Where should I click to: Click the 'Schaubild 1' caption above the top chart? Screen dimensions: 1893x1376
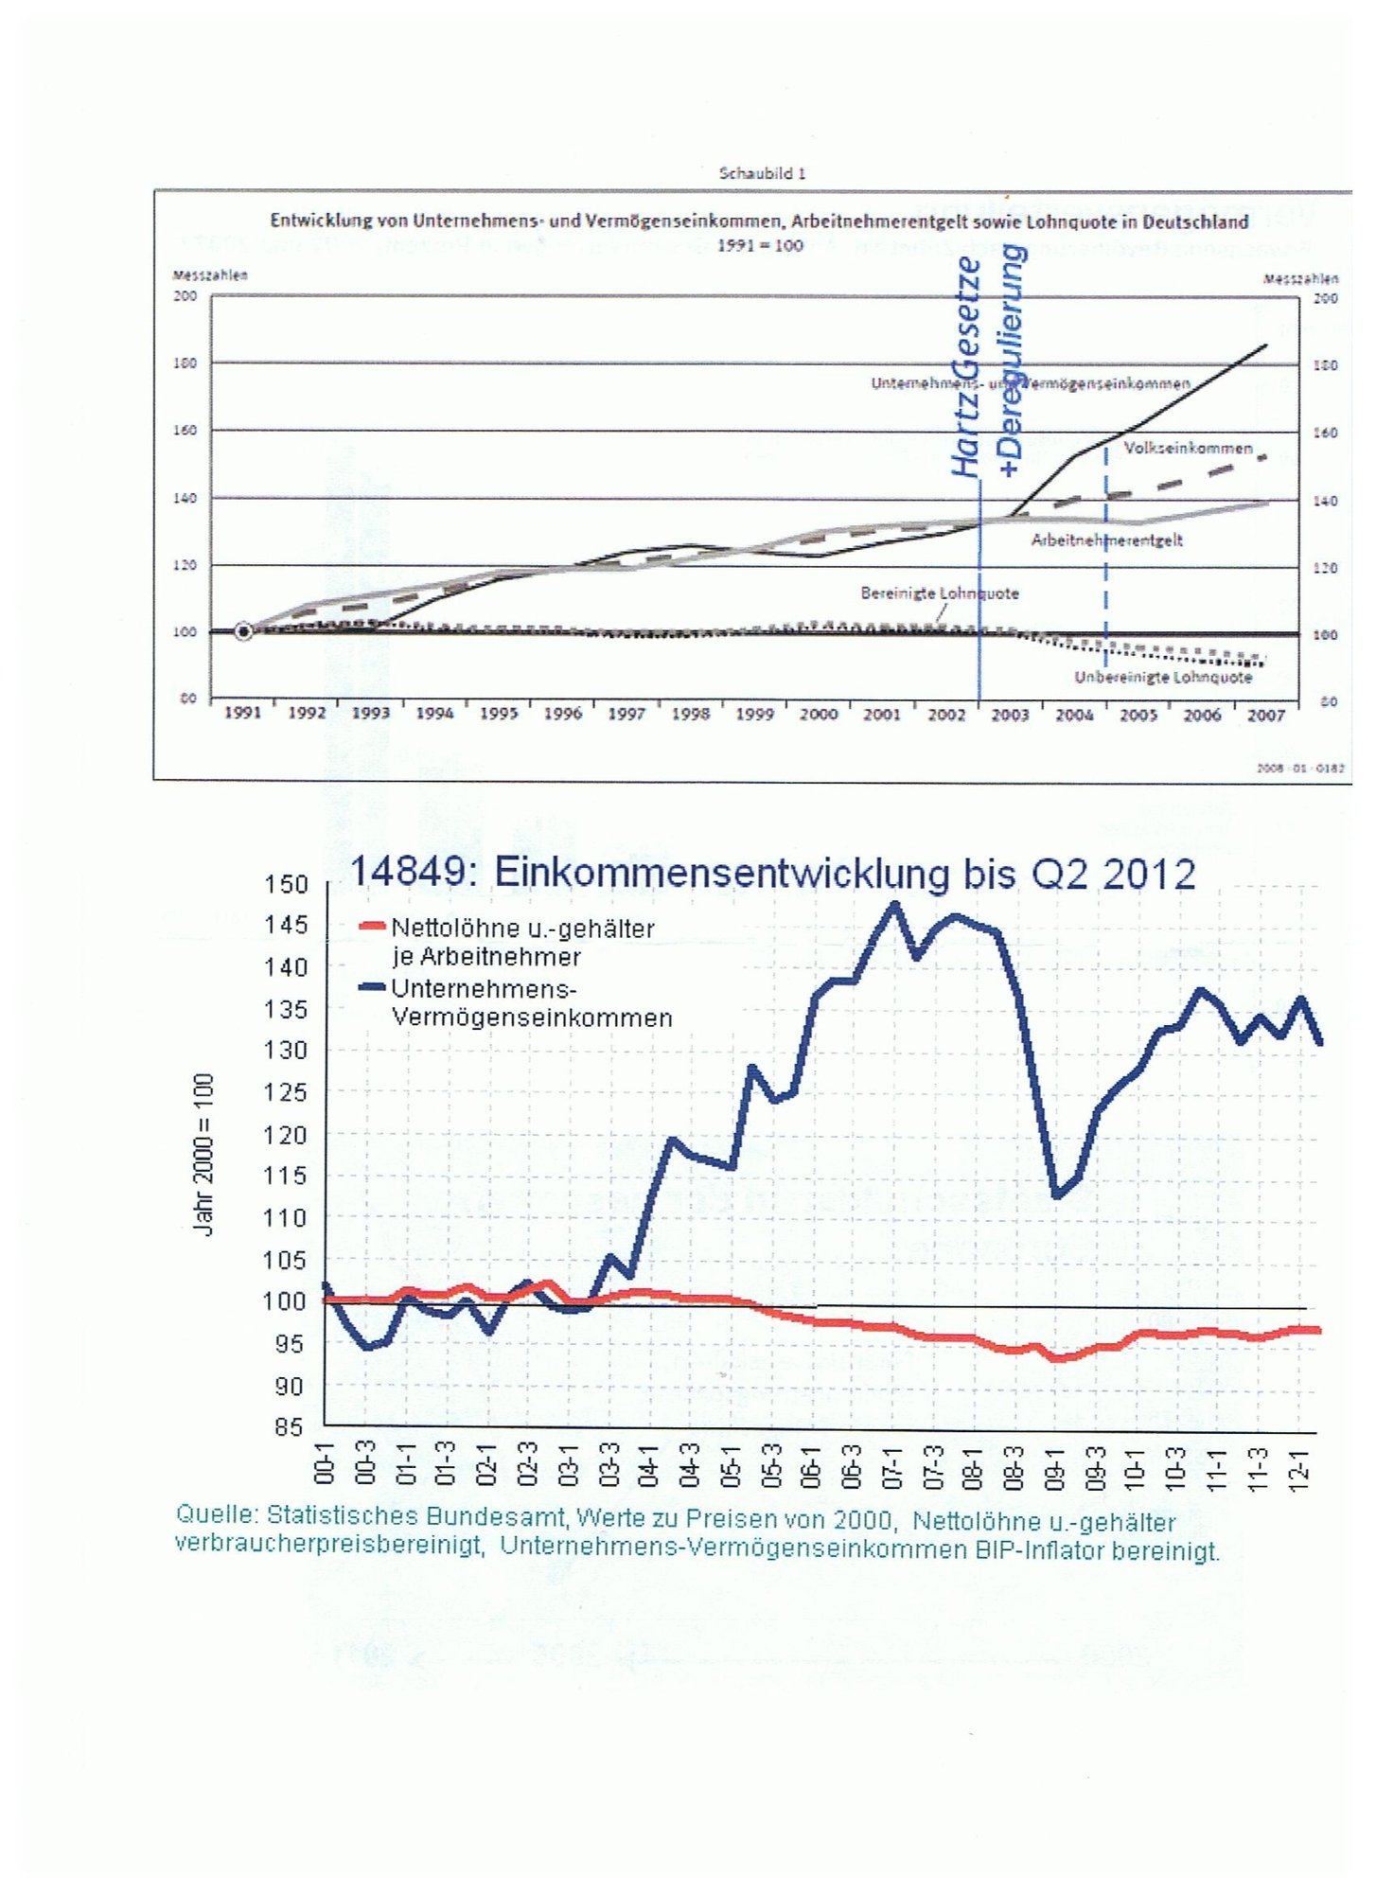point(762,173)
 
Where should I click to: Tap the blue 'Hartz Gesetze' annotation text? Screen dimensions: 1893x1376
point(966,367)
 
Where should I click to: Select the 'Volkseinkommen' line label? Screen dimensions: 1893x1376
point(1188,448)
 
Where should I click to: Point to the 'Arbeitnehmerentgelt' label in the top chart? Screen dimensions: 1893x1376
point(1106,540)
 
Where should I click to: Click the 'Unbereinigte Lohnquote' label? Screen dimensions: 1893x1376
point(1162,678)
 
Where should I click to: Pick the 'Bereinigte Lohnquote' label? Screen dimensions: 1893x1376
point(939,593)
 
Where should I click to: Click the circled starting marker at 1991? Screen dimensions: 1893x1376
point(243,631)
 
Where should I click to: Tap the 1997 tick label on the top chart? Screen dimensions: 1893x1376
point(626,715)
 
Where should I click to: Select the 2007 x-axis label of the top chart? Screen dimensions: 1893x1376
point(1265,716)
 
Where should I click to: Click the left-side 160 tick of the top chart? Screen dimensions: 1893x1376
point(185,431)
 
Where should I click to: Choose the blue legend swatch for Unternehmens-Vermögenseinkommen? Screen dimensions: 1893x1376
point(372,987)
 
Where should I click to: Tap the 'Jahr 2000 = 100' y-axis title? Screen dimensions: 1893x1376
point(203,1155)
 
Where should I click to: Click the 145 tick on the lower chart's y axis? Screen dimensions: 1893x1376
point(287,925)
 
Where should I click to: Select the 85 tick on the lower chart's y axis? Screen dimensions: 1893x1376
point(289,1427)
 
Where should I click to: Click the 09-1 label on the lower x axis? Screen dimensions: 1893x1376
point(1054,1464)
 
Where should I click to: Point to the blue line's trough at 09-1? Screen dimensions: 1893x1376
point(1057,1195)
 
